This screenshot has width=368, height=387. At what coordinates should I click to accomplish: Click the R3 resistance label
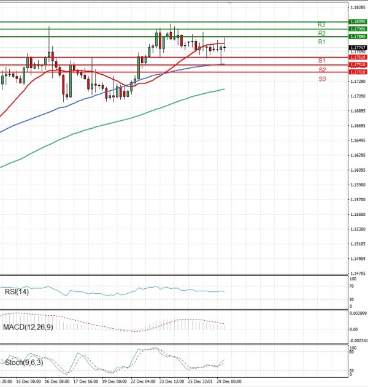(x=321, y=25)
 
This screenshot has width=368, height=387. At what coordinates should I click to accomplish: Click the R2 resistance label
(x=321, y=33)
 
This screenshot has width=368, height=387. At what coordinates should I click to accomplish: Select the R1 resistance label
(x=321, y=42)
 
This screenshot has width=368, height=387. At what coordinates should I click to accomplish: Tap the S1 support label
(x=321, y=61)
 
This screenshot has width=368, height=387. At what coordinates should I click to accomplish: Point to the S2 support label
(x=321, y=70)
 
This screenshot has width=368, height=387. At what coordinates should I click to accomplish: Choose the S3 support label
(x=321, y=80)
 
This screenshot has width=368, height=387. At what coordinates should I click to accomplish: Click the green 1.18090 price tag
(x=358, y=21)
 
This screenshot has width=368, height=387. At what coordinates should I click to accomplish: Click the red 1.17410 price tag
(x=358, y=72)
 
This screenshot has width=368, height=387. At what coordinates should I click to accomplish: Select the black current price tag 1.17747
(x=358, y=47)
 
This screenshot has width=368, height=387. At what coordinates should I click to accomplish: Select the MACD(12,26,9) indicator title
(x=28, y=328)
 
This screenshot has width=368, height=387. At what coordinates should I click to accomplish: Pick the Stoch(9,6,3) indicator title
(x=22, y=363)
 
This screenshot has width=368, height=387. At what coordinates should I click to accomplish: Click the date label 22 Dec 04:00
(x=143, y=381)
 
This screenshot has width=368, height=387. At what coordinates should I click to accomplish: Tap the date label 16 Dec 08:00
(x=57, y=381)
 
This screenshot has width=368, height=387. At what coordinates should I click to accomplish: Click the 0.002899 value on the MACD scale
(x=358, y=313)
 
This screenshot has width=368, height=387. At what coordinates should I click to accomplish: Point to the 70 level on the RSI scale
(x=351, y=286)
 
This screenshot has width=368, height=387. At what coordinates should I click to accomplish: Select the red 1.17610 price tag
(x=358, y=57)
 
